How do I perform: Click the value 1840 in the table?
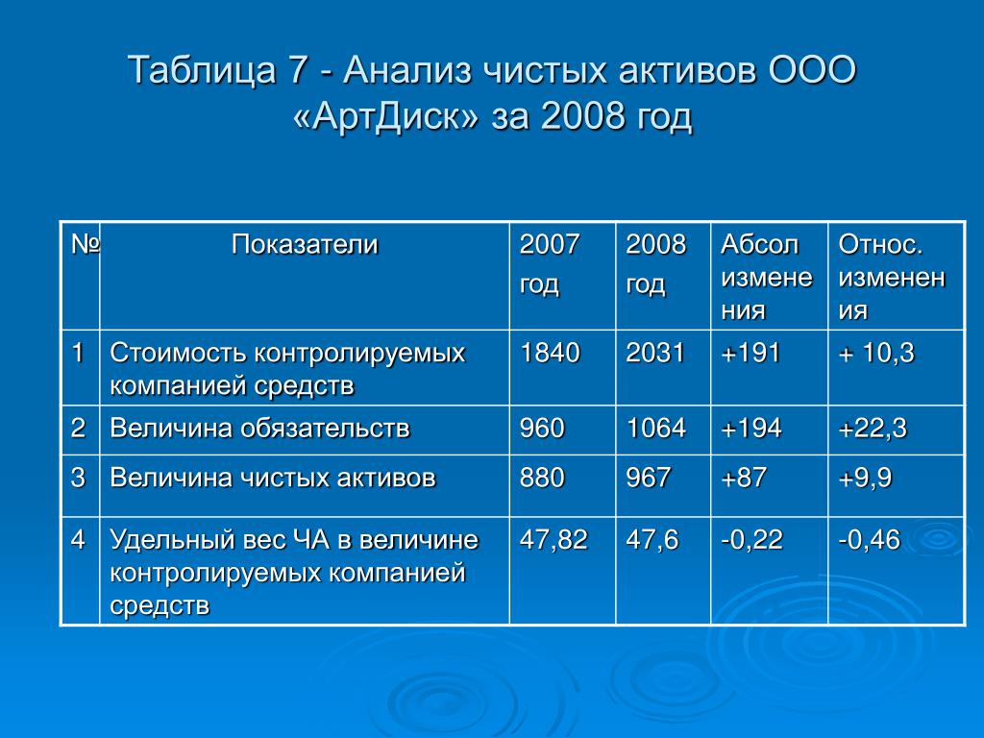point(550,353)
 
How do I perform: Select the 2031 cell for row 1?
point(654,353)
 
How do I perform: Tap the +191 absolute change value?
point(750,353)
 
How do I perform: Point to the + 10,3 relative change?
point(876,353)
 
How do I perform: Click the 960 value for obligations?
point(542,429)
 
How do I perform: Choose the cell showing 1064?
point(655,429)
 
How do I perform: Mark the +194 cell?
point(751,429)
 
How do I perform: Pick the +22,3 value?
point(873,429)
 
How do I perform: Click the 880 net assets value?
point(542,479)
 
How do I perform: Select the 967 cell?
point(649,479)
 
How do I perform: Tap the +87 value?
point(744,479)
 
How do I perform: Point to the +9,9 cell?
point(866,479)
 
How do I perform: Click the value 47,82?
point(553,540)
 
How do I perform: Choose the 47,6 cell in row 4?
point(652,540)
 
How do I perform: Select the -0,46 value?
point(870,540)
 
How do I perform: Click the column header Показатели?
point(305,245)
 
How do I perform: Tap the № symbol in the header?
point(85,244)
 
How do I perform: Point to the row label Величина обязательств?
point(259,429)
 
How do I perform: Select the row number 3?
point(78,479)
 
